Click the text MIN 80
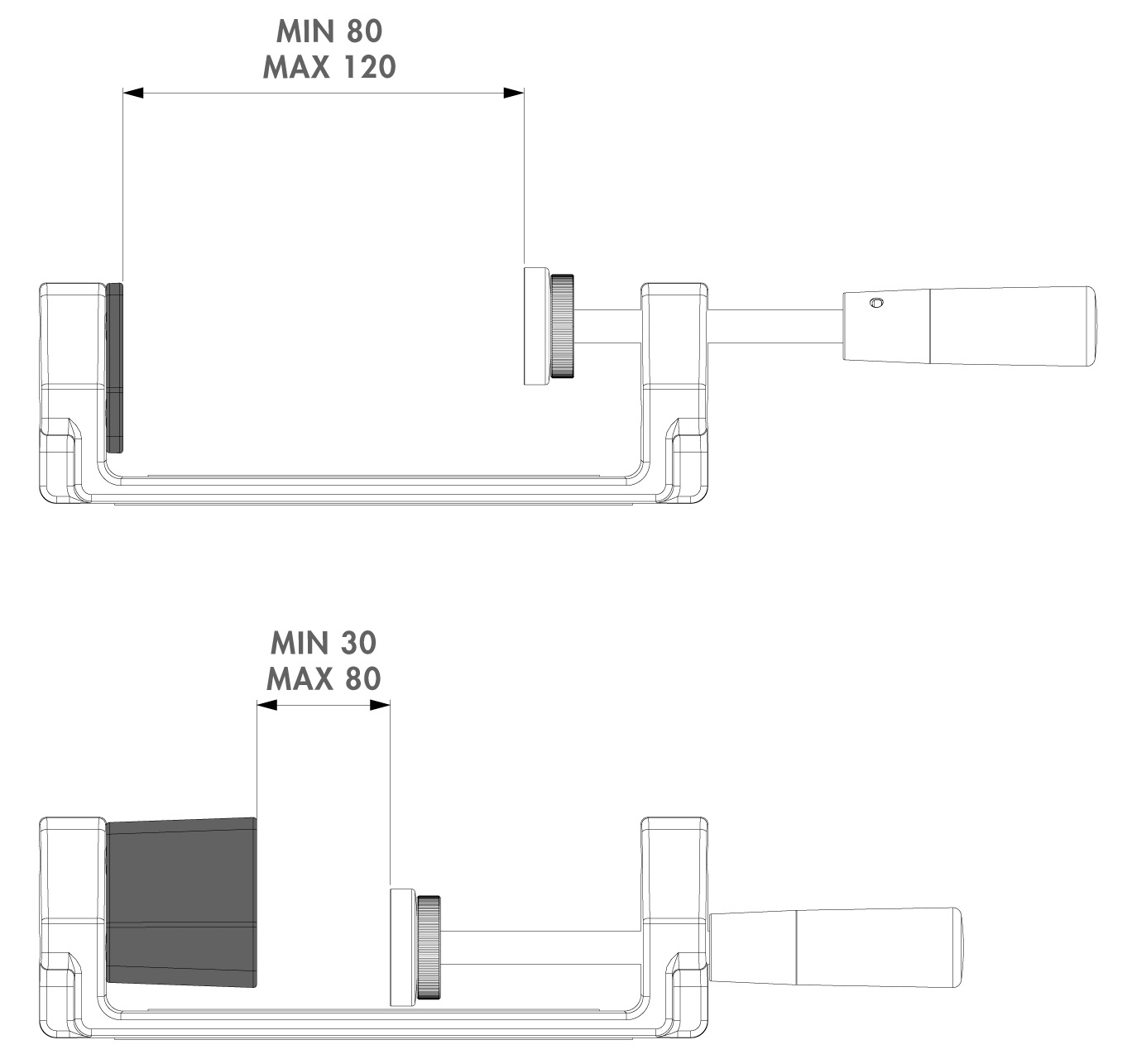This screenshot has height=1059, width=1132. coord(329,31)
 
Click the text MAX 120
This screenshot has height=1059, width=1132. coord(329,67)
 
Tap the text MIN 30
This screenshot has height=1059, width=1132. coord(324,643)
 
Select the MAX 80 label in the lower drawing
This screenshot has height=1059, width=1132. coord(324,678)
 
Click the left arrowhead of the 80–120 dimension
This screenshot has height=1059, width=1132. coord(133,93)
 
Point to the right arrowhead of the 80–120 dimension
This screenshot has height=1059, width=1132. coord(514,93)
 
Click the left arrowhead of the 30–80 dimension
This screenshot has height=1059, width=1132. coord(266,705)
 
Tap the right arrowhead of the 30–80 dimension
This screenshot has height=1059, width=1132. coord(380,705)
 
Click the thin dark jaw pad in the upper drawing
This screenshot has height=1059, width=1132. coord(114,367)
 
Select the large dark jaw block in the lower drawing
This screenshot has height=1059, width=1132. coord(181,902)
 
